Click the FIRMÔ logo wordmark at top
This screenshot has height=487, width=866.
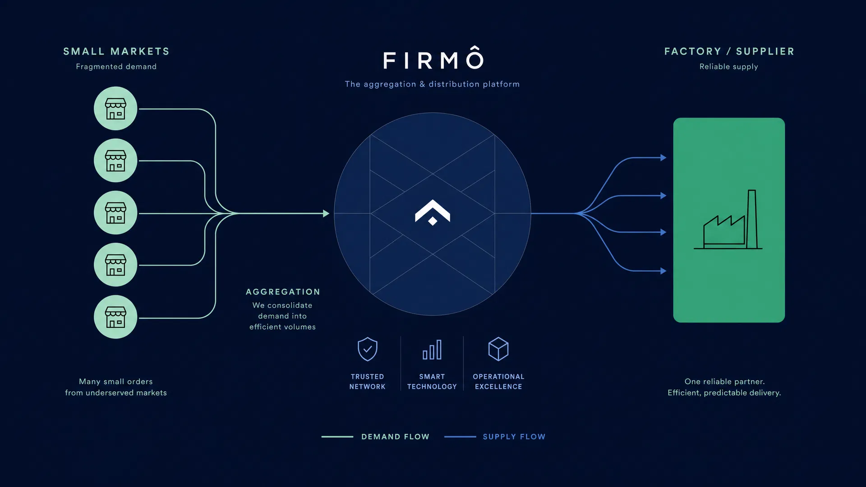pos(433,58)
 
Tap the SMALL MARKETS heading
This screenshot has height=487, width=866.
pos(116,51)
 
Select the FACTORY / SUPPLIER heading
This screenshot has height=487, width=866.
pos(729,51)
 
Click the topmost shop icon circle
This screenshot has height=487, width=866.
pos(115,108)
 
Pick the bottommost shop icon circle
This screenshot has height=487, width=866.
pos(115,317)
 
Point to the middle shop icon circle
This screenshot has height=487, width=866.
pos(115,212)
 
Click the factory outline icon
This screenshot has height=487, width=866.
pos(728,220)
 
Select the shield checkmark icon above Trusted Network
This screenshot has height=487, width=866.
pos(368,349)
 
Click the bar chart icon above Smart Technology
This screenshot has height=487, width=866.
pos(432,349)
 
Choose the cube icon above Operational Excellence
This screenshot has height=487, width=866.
pos(498,349)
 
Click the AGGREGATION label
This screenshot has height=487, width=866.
pos(283,292)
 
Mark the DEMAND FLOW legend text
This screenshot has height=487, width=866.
pos(395,436)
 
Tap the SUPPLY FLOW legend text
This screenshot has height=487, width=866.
pos(514,436)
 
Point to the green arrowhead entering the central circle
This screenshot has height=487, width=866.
pos(326,213)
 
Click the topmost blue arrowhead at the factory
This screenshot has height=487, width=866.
pos(663,157)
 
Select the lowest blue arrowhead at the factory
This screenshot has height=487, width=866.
pos(663,271)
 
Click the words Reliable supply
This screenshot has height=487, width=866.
pos(729,67)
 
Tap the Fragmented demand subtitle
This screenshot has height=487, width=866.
pos(116,67)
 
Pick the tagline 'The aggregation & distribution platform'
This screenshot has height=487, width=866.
pos(432,84)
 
